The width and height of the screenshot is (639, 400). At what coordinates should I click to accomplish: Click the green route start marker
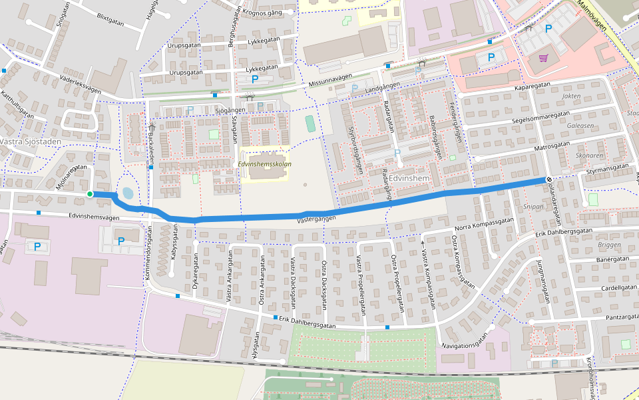90,194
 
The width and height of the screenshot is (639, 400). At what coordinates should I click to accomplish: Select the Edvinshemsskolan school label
264,163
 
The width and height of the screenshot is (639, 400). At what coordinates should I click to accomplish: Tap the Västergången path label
316,218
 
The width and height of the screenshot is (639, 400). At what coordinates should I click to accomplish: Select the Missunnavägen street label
330,81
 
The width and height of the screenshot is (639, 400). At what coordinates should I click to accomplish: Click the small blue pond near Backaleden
126,193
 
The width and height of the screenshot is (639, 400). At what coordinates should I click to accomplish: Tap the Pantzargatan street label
622,318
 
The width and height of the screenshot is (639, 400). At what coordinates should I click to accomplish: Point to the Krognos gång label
267,12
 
